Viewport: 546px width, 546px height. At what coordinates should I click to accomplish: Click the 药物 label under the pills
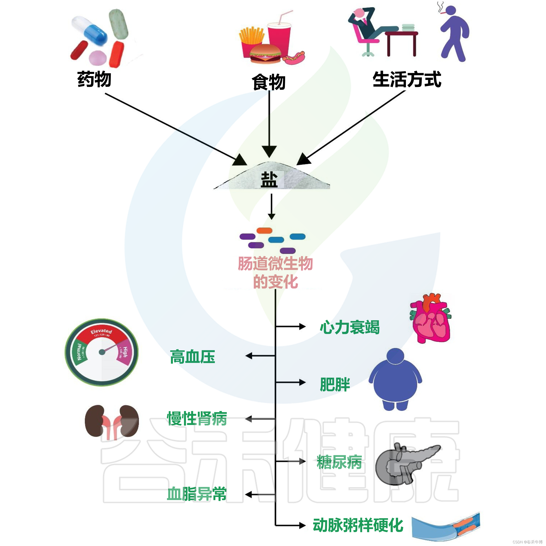pos(94,79)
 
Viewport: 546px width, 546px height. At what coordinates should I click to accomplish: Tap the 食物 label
pos(269,82)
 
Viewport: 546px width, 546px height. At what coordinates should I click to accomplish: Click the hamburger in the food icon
pos(265,54)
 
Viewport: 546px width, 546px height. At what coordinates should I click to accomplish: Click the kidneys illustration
pos(112,422)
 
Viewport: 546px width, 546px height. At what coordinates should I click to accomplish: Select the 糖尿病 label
pos(339,462)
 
